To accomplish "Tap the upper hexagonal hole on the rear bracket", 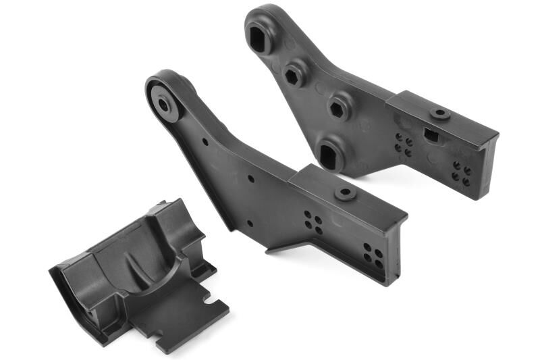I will tap(294, 74).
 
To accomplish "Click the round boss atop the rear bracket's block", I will tap(440, 113).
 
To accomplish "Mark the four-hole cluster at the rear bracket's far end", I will tap(462, 173).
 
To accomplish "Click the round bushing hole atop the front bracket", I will tap(164, 105).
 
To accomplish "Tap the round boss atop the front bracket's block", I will tap(346, 194).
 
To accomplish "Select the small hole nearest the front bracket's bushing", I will tap(205, 142).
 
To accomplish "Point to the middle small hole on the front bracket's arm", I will tap(251, 179).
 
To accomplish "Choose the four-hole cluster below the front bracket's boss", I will tap(313, 222).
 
